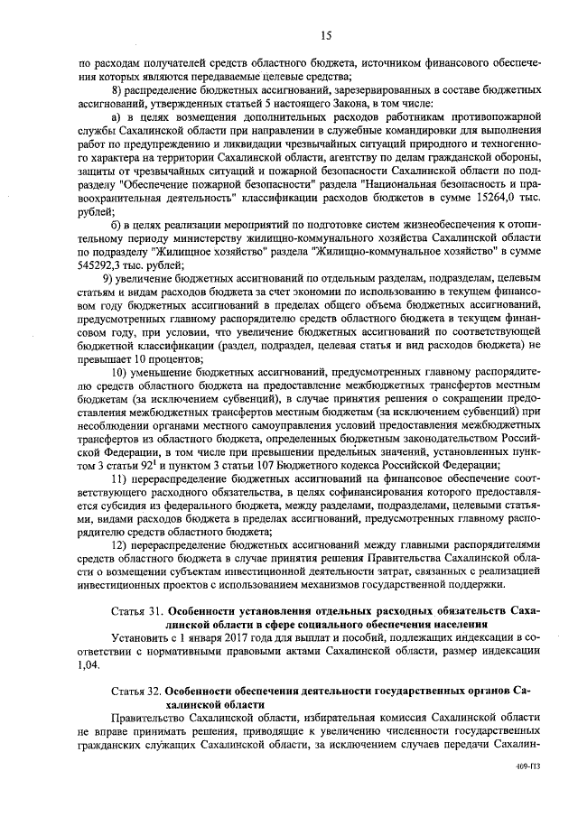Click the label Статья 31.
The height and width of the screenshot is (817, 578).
[x=135, y=611]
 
